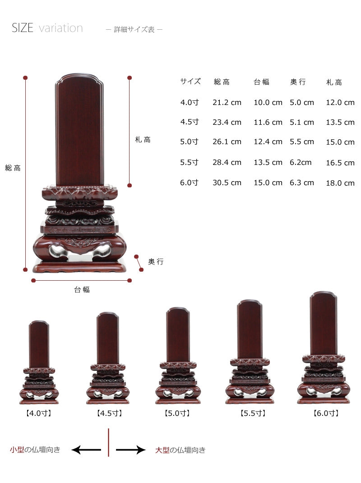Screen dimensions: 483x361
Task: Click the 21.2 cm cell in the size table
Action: (227, 102)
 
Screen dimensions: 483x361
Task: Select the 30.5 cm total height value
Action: (227, 182)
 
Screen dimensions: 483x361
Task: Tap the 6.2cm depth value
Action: (301, 162)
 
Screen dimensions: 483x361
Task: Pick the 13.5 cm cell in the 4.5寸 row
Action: (340, 122)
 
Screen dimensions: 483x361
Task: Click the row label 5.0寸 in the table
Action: (189, 141)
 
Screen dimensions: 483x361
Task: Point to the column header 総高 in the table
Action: (222, 82)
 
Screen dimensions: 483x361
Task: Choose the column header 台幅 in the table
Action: (261, 82)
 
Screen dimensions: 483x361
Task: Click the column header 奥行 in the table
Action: (298, 82)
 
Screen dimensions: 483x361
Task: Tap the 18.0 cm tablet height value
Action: (340, 183)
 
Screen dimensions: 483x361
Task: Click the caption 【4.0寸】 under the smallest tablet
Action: (39, 412)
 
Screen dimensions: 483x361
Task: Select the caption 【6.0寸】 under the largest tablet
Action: (326, 412)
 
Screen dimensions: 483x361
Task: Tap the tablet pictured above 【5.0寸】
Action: (178, 356)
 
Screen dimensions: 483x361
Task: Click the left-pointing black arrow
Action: (86, 450)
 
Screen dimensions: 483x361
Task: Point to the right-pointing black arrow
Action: (131, 450)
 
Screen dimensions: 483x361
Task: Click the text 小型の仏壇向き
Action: (35, 450)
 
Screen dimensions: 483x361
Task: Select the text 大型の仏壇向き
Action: (180, 450)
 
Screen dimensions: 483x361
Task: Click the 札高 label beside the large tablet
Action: (143, 140)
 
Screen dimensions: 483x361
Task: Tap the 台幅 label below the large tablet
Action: (82, 290)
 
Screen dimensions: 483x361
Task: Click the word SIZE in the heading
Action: (23, 28)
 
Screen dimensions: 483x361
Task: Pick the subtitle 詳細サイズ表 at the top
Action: (134, 29)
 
